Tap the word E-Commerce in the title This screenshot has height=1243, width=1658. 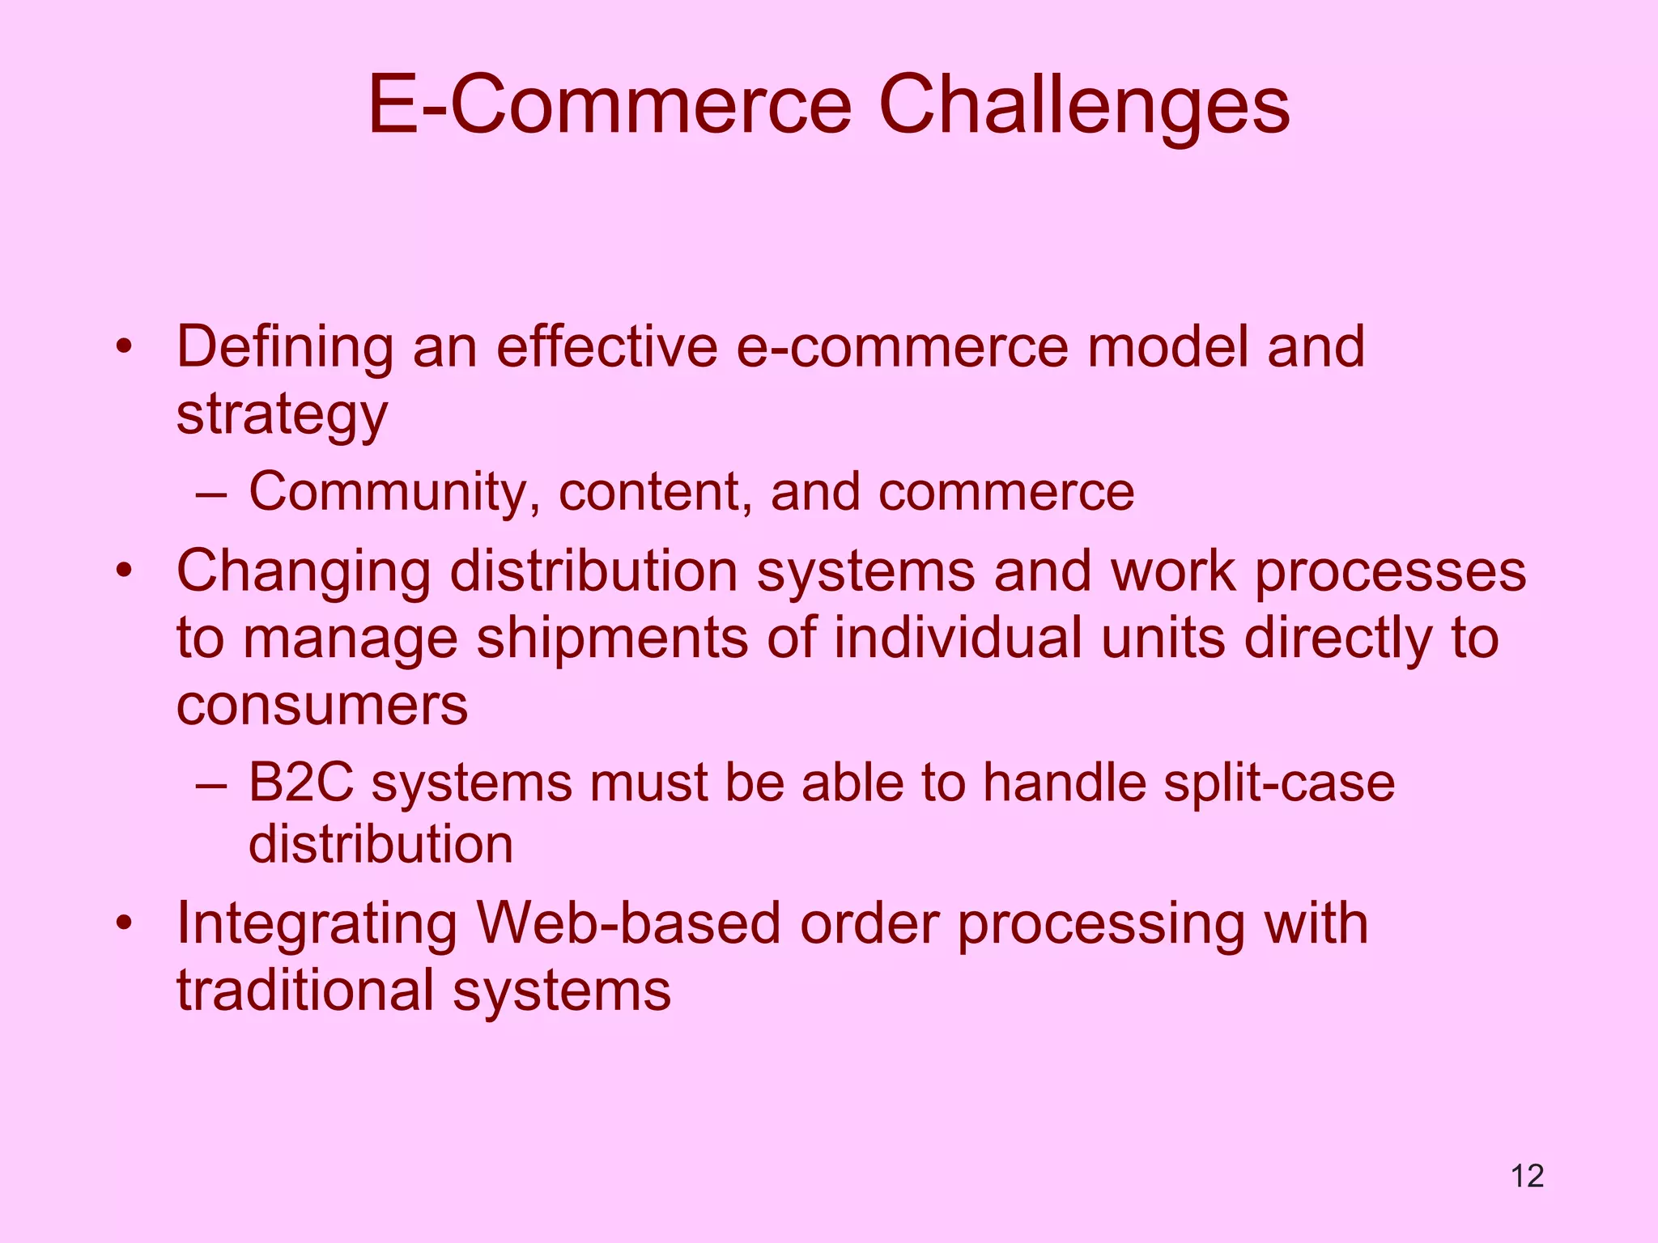(610, 105)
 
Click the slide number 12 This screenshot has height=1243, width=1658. (1527, 1176)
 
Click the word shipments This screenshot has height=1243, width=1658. (612, 638)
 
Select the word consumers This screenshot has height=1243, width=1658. (322, 706)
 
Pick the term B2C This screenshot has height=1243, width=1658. (300, 783)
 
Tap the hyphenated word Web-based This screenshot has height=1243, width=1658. (628, 924)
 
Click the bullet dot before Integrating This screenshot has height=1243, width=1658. (123, 924)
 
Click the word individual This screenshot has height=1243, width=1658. (958, 638)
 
